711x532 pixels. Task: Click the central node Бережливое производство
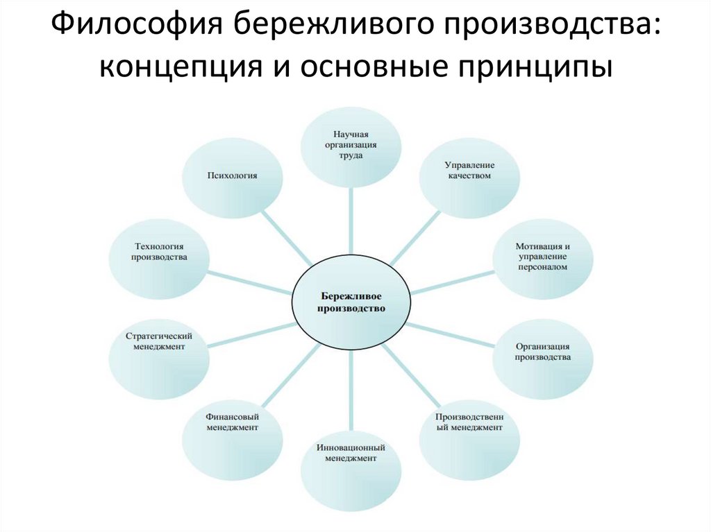point(351,300)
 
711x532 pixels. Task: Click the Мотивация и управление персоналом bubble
point(543,257)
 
